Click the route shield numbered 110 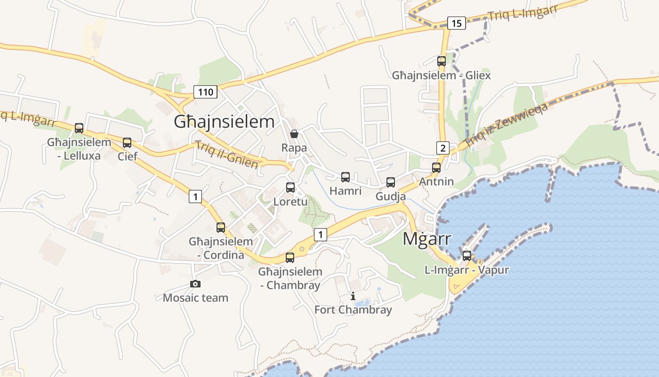coord(206,92)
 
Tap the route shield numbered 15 coord(456,23)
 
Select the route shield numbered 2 coord(442,148)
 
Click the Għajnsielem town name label coord(224,122)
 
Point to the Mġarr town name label coord(426,239)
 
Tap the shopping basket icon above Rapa coord(294,134)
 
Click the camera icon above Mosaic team coord(195,284)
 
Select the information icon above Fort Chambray coord(353,296)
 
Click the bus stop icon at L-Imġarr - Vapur coord(466,256)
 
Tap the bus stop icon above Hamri coord(346,177)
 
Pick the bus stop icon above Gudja coord(391,182)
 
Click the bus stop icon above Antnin coord(436,168)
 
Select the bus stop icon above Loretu coord(290,188)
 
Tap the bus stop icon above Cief coord(127,143)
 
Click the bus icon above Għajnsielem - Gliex coord(441,61)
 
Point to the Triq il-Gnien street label coord(226,155)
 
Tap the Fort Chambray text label coord(353,310)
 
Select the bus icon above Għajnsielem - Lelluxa coord(79,128)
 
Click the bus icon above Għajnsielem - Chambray coord(290,258)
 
